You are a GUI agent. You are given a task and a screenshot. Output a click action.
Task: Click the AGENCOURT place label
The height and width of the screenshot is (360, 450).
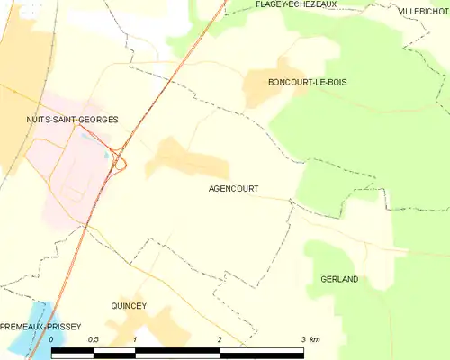(233, 189)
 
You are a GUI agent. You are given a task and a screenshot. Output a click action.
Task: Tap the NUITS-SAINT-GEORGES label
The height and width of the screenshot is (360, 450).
(71, 120)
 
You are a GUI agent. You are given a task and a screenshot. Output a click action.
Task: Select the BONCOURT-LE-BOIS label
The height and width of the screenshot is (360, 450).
(307, 82)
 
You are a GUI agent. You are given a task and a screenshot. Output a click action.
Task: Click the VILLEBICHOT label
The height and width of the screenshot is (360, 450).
(423, 12)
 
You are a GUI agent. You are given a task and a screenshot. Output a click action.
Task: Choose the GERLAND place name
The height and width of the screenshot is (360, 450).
(339, 279)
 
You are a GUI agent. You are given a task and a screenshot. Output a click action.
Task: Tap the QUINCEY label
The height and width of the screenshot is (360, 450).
(128, 306)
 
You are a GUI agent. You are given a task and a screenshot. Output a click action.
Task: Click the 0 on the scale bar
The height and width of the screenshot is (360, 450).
(52, 339)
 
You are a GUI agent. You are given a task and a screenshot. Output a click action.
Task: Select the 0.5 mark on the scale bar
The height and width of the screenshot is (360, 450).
(94, 339)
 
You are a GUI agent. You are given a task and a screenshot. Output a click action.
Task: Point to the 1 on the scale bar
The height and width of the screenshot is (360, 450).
(135, 339)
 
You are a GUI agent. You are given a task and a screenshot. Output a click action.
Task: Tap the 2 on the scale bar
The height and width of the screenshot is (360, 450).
(220, 339)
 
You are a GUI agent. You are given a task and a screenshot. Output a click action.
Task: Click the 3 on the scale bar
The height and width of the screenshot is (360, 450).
(302, 339)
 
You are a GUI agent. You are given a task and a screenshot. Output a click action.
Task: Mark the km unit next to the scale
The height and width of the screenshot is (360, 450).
(314, 339)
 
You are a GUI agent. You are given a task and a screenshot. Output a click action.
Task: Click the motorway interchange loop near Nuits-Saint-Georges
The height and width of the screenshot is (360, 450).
(119, 163)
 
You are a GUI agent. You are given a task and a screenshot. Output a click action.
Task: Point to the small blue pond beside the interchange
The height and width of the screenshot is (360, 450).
(106, 154)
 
